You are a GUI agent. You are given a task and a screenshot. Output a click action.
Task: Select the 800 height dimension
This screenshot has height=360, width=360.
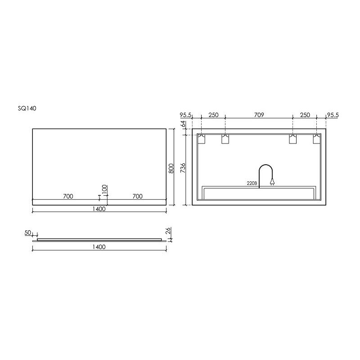pyautogui.click(x=171, y=168)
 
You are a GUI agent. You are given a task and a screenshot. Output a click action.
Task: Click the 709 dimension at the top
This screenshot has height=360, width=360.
pyautogui.click(x=259, y=115)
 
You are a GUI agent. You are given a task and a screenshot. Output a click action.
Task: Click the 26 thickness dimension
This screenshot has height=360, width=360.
pyautogui.click(x=167, y=231)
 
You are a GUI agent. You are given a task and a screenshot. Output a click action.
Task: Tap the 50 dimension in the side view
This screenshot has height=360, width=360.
pyautogui.click(x=28, y=233)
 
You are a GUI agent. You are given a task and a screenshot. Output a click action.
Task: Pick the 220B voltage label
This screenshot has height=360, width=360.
pyautogui.click(x=251, y=183)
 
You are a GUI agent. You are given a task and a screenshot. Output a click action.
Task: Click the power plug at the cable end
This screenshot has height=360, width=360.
pyautogui.click(x=271, y=182)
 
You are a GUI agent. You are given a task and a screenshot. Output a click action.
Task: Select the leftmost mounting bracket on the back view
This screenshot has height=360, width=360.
pyautogui.click(x=202, y=139)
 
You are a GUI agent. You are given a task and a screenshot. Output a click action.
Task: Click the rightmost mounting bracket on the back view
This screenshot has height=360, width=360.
pyautogui.click(x=317, y=139)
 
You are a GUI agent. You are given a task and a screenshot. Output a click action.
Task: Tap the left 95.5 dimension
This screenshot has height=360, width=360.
pyautogui.click(x=186, y=115)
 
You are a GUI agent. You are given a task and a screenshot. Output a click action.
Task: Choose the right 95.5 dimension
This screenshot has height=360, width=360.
pyautogui.click(x=333, y=115)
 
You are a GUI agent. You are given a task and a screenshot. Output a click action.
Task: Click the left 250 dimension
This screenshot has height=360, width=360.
pyautogui.click(x=213, y=115)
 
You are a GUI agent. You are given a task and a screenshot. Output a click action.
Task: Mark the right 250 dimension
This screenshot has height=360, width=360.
pyautogui.click(x=305, y=115)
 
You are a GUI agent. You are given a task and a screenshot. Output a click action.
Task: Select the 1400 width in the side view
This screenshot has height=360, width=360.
pyautogui.click(x=99, y=247)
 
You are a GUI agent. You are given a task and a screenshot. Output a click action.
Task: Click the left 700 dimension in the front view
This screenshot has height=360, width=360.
pyautogui.click(x=68, y=196)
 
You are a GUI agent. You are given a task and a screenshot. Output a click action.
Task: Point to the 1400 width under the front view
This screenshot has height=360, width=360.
pyautogui.click(x=99, y=209)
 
